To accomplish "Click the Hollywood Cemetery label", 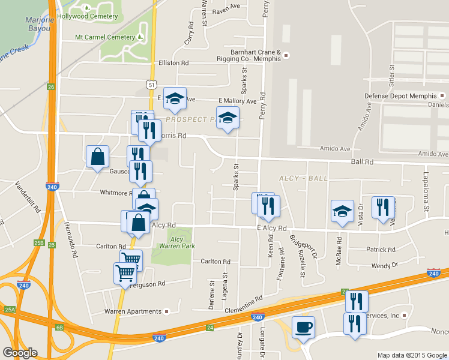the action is [x=87, y=16].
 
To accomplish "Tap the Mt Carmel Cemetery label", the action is [x=105, y=37].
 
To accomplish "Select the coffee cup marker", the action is [x=303, y=328].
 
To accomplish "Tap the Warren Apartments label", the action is [x=133, y=311].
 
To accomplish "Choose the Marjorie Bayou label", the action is [x=40, y=23].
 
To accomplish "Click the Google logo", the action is [x=20, y=353].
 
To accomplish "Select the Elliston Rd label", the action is [x=173, y=62].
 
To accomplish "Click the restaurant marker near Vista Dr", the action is [x=383, y=208].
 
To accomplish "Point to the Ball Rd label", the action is [x=362, y=162].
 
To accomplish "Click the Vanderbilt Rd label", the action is [x=27, y=198].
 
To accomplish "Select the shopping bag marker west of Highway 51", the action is [x=97, y=157].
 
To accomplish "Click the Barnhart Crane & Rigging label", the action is [x=252, y=55].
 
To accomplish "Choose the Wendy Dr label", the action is [x=385, y=265].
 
